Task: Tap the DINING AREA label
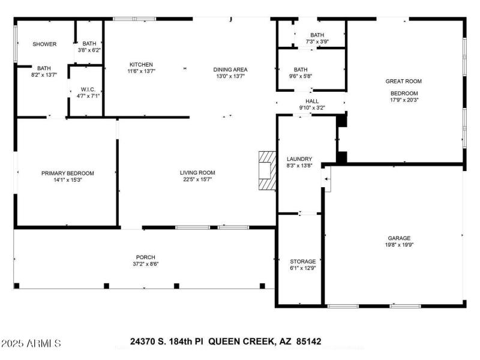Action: (231, 69)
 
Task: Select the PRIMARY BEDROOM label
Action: (67, 173)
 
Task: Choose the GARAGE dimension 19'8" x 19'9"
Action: (398, 245)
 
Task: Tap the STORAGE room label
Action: (302, 261)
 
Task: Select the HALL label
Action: (312, 101)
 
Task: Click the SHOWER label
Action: (44, 44)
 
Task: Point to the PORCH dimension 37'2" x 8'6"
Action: (146, 263)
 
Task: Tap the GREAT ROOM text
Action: (403, 81)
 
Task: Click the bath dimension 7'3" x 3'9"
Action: (317, 42)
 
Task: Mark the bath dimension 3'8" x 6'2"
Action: (89, 50)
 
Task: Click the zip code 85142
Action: (308, 341)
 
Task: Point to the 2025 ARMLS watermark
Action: (31, 344)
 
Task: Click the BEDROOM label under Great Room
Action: (404, 93)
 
